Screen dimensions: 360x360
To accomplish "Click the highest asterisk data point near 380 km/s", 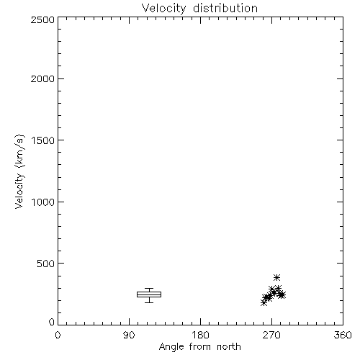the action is click(276, 278).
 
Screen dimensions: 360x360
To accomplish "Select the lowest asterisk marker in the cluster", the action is click(264, 303).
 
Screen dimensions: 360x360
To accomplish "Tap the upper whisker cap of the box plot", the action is click(149, 289).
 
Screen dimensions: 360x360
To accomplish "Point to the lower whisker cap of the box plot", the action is click(149, 302).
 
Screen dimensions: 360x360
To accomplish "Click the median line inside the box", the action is click(149, 294).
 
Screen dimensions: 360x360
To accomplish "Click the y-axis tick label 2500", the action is click(42, 19).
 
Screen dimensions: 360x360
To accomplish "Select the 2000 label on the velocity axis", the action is click(42, 78).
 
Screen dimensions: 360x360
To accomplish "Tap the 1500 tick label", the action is click(43, 140).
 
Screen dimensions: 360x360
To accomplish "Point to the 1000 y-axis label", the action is click(43, 202).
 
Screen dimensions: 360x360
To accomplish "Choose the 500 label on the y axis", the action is click(46, 264).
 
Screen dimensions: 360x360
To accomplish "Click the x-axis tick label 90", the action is click(129, 335).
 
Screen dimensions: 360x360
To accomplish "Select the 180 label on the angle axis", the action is click(200, 335).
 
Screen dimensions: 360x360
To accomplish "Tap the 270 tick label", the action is click(271, 335).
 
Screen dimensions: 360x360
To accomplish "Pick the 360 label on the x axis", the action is click(343, 335).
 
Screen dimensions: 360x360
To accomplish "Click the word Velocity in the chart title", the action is click(164, 9).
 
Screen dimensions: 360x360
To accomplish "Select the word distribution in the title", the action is click(225, 8).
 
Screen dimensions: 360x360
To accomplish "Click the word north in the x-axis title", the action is click(229, 347).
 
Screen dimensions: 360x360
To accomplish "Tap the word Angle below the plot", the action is click(171, 347).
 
